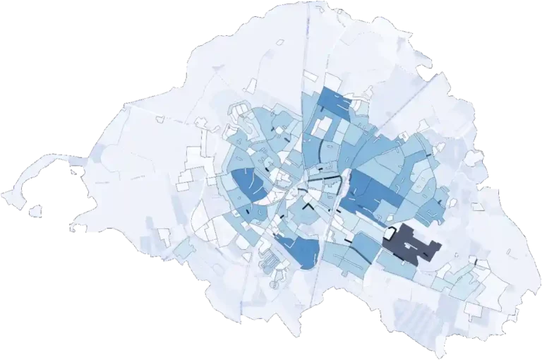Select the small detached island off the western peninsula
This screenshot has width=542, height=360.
(x=35, y=210)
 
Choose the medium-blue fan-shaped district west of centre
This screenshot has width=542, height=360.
(x=248, y=185)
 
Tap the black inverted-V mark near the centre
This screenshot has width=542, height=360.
(x=308, y=209)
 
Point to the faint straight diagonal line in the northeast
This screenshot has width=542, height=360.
(x=402, y=106)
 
